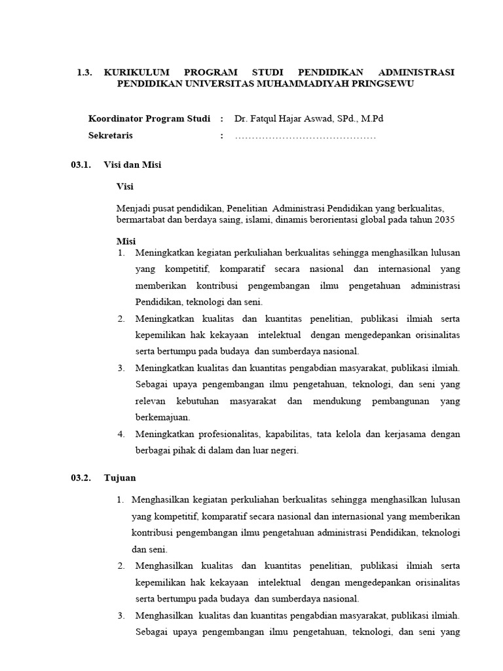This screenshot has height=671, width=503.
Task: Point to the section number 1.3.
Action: (85, 71)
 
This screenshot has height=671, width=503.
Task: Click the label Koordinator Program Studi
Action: (149, 119)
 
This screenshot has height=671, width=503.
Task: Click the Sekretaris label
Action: (111, 136)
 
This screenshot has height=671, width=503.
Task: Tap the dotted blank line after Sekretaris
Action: (305, 136)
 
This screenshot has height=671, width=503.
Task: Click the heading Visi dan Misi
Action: (132, 165)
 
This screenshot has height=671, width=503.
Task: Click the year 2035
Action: (444, 220)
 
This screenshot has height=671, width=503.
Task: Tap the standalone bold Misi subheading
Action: (126, 241)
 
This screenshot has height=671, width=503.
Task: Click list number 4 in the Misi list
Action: (121, 434)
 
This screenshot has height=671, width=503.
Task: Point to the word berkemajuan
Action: (163, 417)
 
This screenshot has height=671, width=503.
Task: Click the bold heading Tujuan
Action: (120, 478)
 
